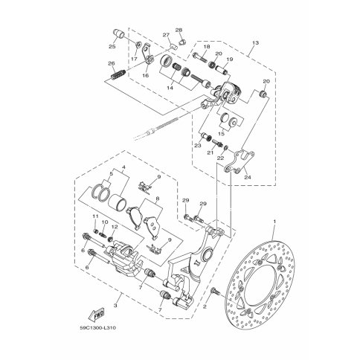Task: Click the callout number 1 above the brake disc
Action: point(274,221)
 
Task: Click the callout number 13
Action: point(255,43)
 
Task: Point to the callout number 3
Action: point(115,306)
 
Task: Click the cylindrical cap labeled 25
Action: point(118,33)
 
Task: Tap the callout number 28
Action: point(179,30)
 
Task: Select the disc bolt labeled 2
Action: point(215,292)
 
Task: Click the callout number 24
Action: point(248,177)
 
